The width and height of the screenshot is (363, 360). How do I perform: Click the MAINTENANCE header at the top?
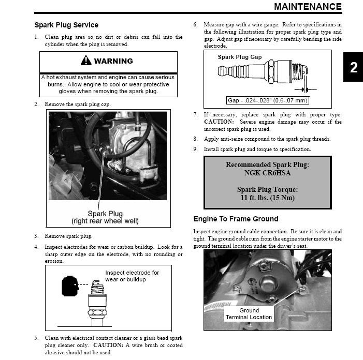(308, 7)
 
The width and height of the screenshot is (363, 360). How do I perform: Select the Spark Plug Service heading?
(66, 25)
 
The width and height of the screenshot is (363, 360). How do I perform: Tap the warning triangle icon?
(86, 61)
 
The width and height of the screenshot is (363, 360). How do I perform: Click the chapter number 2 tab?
(353, 68)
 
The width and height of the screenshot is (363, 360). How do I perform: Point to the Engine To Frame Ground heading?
(236, 219)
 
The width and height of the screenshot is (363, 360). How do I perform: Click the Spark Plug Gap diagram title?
(240, 57)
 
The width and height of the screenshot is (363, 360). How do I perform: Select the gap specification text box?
(267, 100)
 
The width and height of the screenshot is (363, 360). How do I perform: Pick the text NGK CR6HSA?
(267, 173)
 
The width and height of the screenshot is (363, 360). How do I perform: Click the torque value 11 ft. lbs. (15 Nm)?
(267, 198)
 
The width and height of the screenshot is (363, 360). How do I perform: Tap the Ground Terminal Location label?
(249, 314)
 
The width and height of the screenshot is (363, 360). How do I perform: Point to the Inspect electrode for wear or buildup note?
(132, 276)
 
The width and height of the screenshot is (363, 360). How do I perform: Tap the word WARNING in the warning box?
(113, 61)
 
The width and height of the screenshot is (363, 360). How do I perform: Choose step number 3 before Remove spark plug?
(36, 236)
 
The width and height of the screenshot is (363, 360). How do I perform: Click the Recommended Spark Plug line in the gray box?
(267, 165)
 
